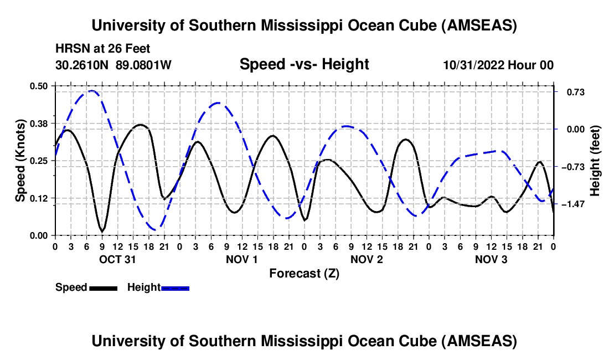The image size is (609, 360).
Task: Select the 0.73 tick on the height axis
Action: coord(570,92)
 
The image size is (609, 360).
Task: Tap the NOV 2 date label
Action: coord(367,259)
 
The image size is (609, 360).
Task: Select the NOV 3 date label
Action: coord(491,259)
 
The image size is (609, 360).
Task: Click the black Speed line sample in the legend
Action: coord(104,287)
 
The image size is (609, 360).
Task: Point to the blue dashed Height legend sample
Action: coord(176,287)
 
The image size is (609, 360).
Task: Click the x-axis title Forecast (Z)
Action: coord(304,273)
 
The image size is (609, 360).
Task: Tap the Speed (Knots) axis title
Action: coord(20,161)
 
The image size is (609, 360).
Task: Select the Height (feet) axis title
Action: coord(596,161)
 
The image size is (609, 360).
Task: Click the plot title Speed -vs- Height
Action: coord(304,65)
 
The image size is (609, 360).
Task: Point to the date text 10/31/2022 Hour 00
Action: coord(498,65)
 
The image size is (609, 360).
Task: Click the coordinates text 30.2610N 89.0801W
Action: coord(113,65)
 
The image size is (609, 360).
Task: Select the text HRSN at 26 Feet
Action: coord(102,49)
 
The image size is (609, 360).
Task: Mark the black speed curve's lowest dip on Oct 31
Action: coord(102,231)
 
